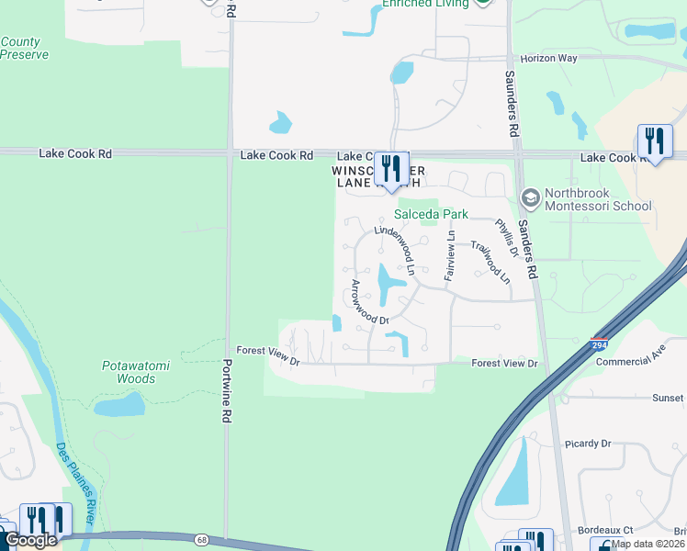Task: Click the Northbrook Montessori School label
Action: [x=599, y=199]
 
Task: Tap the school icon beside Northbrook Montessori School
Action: [x=530, y=197]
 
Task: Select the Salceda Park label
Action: [x=432, y=214]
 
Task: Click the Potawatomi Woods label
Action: [x=136, y=372]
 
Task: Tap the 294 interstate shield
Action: [x=597, y=345]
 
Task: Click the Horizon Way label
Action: [x=548, y=58]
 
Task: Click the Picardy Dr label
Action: [x=588, y=444]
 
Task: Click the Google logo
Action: [x=30, y=540]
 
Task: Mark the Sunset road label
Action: [x=667, y=398]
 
